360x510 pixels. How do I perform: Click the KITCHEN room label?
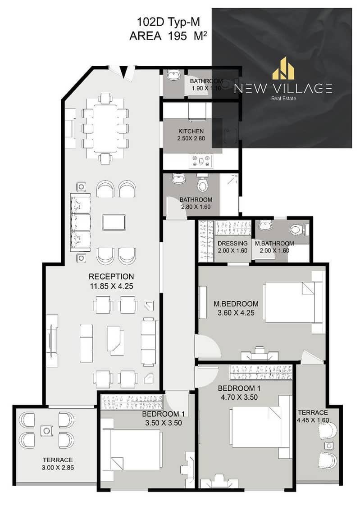(x=191, y=131)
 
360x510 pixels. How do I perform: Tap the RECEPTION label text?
(x=111, y=276)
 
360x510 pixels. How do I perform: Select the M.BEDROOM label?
(x=236, y=304)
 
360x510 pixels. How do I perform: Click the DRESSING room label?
(x=232, y=243)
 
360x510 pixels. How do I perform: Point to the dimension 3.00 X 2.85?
(x=58, y=468)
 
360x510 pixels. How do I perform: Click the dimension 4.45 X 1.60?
(x=313, y=420)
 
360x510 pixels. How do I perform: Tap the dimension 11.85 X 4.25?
(x=111, y=286)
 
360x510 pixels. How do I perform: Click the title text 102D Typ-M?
(x=168, y=22)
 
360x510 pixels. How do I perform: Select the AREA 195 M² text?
(x=168, y=36)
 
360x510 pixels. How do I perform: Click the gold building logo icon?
(x=283, y=68)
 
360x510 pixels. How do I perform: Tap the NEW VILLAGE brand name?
(x=283, y=88)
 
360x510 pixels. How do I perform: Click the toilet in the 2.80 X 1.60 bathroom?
(x=203, y=184)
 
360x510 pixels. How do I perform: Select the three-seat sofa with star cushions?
(x=80, y=222)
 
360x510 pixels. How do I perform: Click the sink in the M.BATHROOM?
(x=266, y=225)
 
